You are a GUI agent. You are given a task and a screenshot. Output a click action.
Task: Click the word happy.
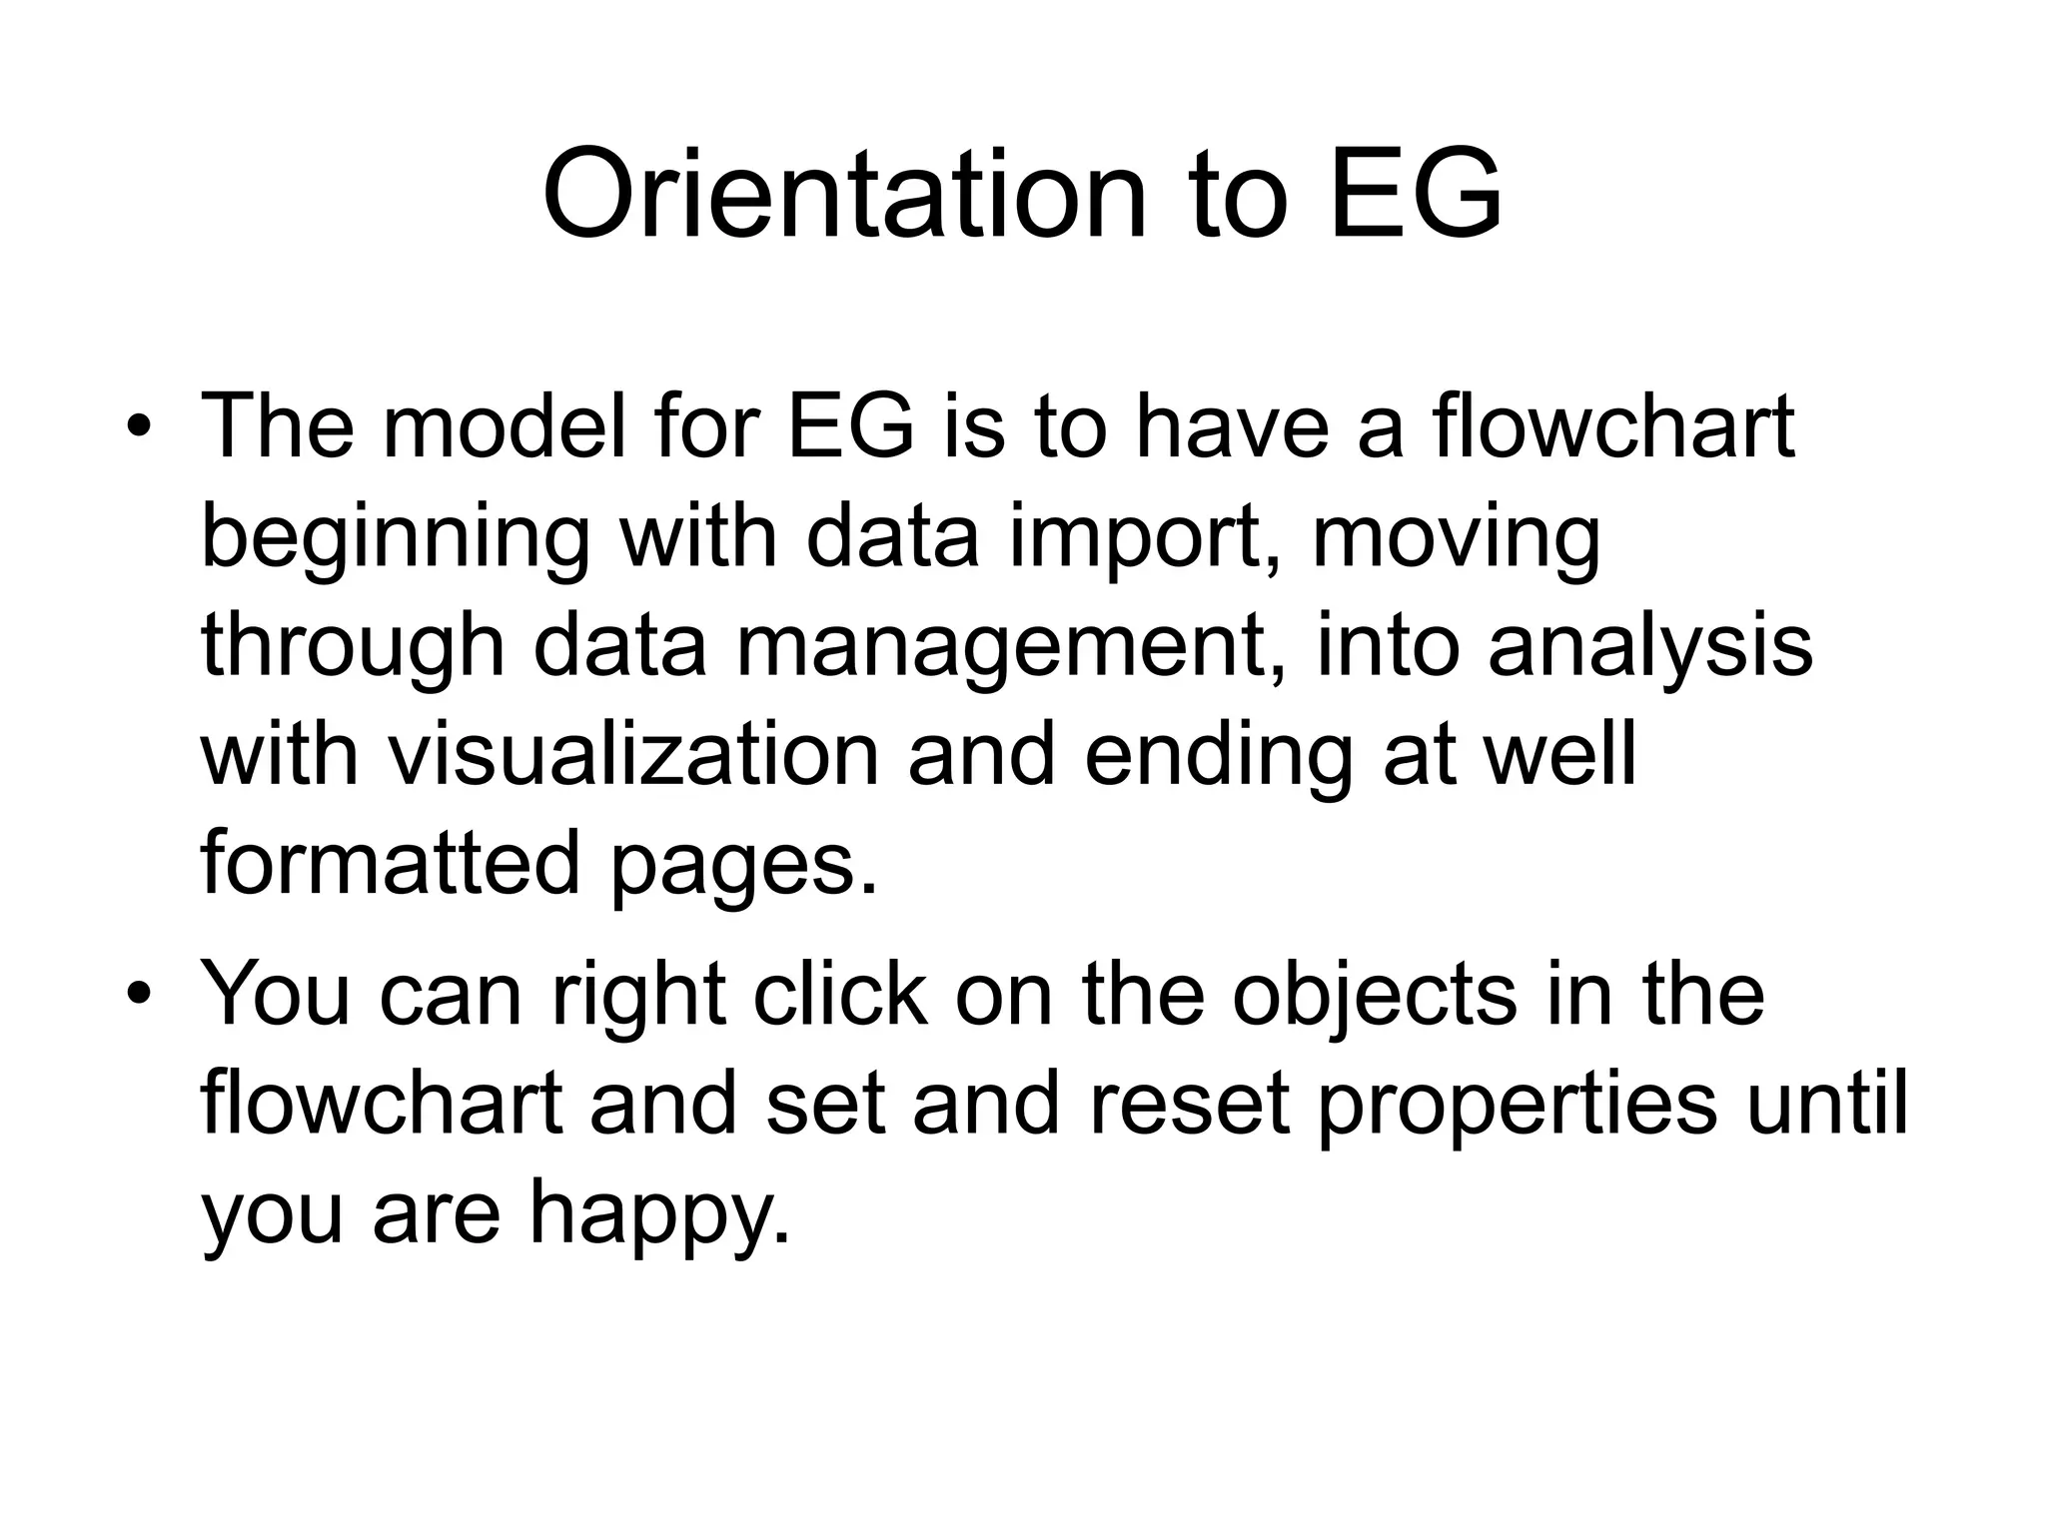coord(658,1216)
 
